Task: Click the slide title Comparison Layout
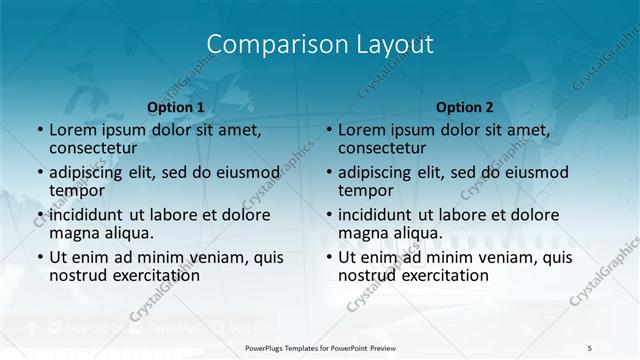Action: (x=320, y=45)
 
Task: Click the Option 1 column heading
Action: (x=175, y=106)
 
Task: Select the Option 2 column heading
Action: (x=464, y=106)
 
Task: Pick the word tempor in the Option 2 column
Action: (x=363, y=191)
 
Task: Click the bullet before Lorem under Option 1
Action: (x=39, y=131)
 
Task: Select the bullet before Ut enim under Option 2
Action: (x=328, y=258)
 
